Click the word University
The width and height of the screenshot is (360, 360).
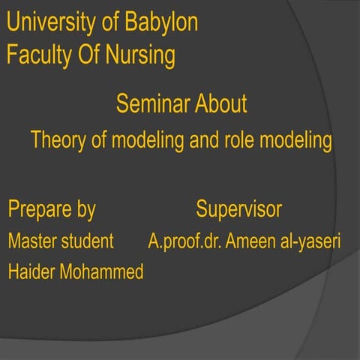(52, 22)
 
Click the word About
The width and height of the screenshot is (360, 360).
(220, 103)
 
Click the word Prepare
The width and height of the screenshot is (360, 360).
(41, 209)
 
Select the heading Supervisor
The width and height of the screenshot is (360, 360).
(238, 209)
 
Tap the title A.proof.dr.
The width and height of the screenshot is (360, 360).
(185, 241)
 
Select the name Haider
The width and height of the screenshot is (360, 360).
(32, 272)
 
